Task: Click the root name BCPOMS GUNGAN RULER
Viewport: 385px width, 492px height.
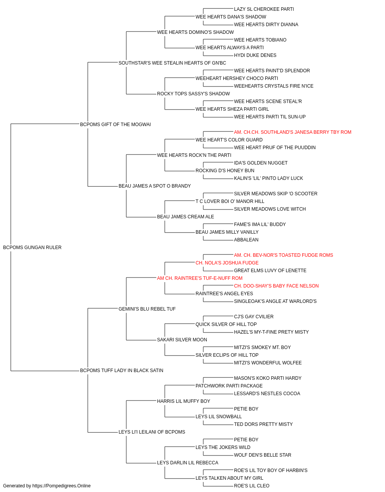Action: (x=32, y=247)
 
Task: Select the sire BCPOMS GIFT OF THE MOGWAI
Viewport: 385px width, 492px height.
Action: (x=115, y=124)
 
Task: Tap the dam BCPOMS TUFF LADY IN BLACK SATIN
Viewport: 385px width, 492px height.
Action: (x=122, y=371)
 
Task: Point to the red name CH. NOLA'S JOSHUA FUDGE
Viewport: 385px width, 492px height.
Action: (x=227, y=263)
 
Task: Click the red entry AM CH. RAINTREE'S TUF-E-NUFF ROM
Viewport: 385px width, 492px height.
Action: (x=200, y=278)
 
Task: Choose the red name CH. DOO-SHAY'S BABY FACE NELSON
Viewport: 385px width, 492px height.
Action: (x=276, y=286)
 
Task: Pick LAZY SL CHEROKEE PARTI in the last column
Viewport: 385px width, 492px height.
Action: (x=264, y=9)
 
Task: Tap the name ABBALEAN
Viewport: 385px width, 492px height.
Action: (x=246, y=239)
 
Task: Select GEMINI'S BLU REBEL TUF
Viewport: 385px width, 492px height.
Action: (x=147, y=309)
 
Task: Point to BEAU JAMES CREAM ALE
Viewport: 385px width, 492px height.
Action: (x=186, y=217)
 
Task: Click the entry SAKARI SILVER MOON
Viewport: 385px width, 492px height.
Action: (x=182, y=340)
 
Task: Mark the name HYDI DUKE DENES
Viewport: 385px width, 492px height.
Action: (x=255, y=55)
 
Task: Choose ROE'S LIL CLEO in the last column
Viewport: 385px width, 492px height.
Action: (x=252, y=486)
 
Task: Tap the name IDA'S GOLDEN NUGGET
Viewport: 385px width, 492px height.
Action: (x=261, y=163)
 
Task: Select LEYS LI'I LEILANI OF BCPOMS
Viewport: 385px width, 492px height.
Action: (x=152, y=432)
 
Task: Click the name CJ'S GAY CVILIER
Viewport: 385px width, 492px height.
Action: (x=254, y=316)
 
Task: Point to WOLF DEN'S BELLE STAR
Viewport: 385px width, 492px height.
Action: (x=263, y=455)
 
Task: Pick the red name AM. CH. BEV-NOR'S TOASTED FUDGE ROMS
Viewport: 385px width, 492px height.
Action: (x=283, y=255)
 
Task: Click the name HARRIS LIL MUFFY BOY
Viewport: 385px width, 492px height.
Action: (x=183, y=401)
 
